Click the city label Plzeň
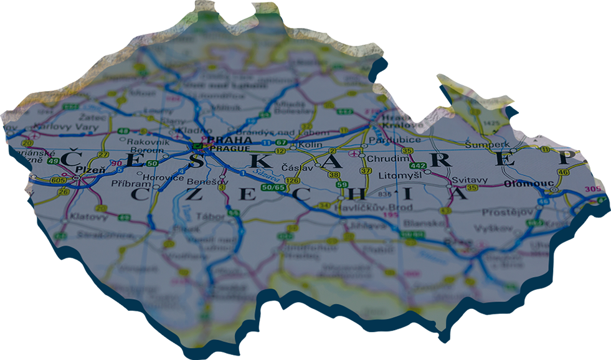coord(86,170)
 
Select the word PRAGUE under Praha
coord(230,149)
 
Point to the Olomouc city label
coord(521,184)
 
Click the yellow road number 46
coord(564,173)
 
